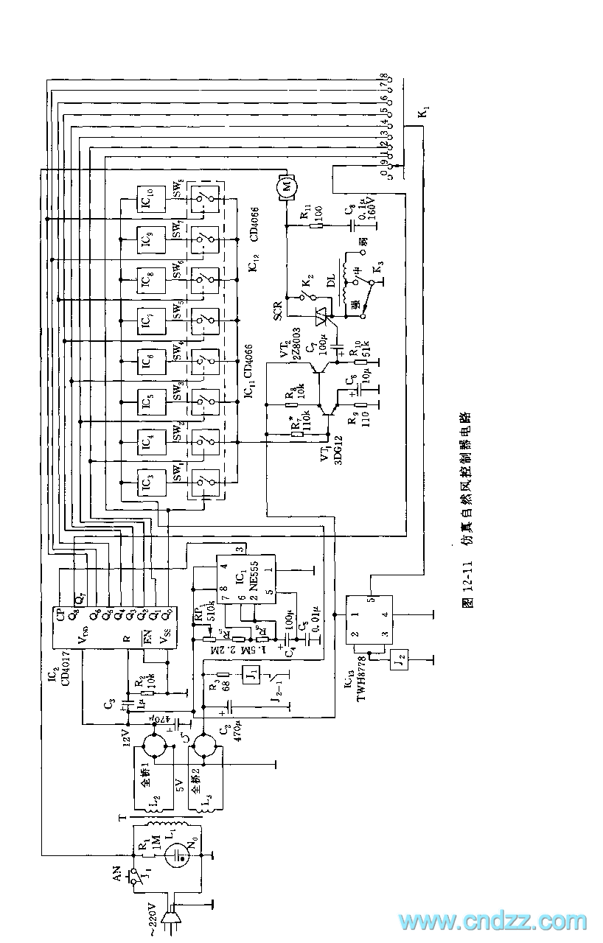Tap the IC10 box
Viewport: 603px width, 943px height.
pos(148,198)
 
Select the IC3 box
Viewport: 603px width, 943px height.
pos(148,481)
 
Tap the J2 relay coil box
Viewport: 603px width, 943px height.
pos(401,656)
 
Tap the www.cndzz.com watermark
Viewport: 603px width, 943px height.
pos(492,921)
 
